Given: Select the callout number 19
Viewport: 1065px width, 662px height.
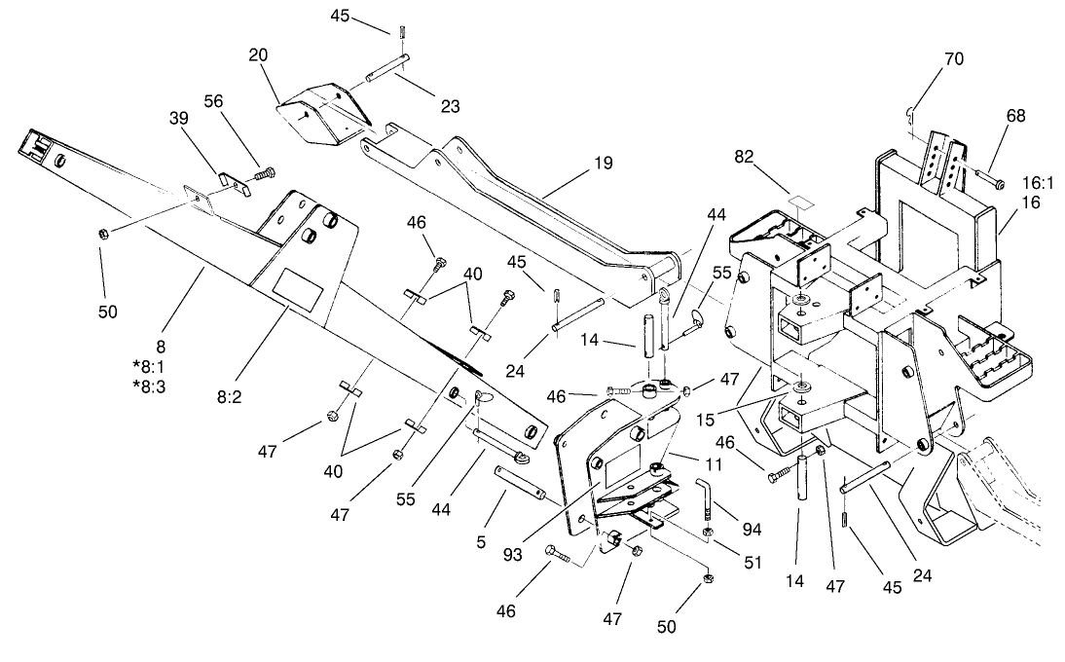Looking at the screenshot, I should [603, 163].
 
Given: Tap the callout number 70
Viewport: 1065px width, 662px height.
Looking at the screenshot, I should [953, 59].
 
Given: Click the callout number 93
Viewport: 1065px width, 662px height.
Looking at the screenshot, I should [513, 555].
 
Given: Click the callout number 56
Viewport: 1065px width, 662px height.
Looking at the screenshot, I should [213, 100].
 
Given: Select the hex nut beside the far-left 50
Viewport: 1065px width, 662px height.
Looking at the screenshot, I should [104, 234].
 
